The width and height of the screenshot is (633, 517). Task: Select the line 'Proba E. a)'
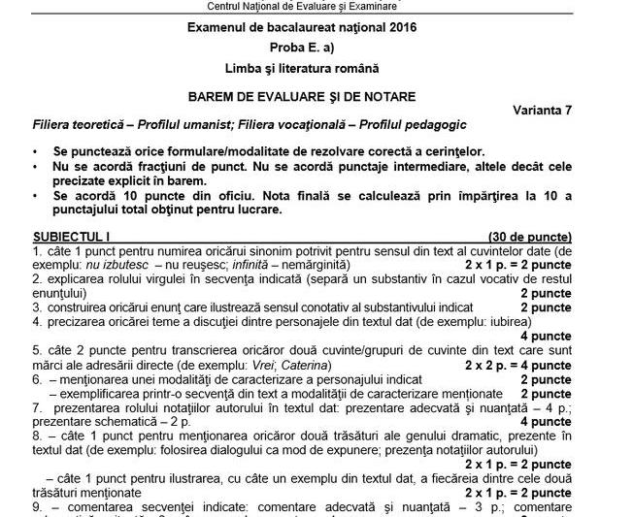(x=316, y=48)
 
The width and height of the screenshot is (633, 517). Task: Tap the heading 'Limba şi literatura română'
(x=316, y=69)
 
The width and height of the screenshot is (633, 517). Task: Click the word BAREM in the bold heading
(x=215, y=96)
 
